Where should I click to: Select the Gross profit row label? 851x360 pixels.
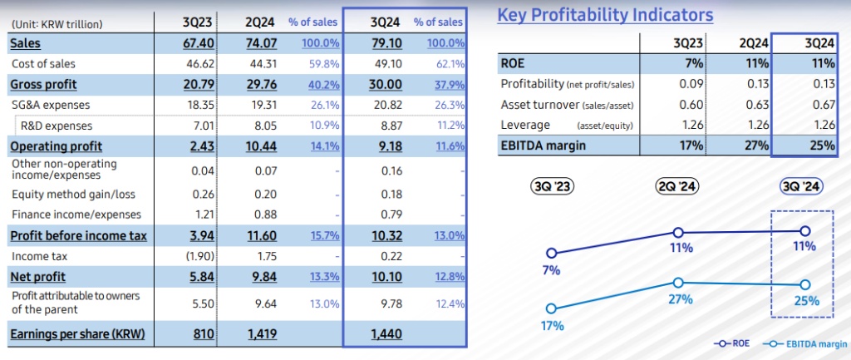click(43, 84)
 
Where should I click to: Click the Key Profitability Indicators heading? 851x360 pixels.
click(605, 15)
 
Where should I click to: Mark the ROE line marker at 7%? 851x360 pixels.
click(550, 253)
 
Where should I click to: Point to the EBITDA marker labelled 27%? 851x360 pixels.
click(679, 282)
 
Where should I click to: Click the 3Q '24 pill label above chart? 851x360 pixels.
click(801, 187)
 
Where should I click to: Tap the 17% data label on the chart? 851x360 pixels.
click(550, 326)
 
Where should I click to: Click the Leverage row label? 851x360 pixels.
click(525, 125)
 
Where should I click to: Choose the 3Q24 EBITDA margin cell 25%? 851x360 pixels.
click(822, 145)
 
